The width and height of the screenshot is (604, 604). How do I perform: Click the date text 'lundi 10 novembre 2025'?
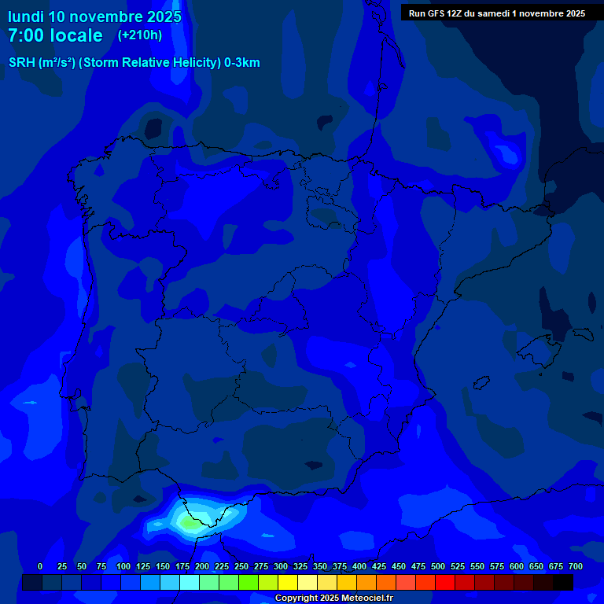pos(94,17)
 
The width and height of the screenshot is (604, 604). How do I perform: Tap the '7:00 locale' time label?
pos(55,36)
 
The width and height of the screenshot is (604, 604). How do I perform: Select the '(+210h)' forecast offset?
pos(139,35)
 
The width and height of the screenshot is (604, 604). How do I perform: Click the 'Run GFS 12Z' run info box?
pos(496,13)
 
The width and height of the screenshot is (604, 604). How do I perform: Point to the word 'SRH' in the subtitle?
pos(21,63)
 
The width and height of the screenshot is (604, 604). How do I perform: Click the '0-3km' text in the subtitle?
pos(241,63)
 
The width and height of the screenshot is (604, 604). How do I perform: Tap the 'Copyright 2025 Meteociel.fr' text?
pos(333,598)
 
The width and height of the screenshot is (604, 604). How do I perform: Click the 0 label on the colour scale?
pos(40,566)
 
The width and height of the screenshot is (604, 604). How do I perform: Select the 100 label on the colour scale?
pos(123,566)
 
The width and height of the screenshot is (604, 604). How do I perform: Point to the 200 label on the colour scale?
pos(202,566)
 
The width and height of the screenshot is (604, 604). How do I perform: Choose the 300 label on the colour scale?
pos(281,566)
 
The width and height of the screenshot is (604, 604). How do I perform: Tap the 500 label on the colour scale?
pos(438,566)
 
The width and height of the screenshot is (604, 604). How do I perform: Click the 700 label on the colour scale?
pos(575,566)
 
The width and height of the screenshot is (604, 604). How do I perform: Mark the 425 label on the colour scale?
pos(379,566)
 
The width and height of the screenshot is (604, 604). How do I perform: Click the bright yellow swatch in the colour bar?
pos(288,582)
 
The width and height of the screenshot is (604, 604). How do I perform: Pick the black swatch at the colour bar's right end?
pos(563,582)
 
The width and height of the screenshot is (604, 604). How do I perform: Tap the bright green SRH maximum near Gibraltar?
pos(189,521)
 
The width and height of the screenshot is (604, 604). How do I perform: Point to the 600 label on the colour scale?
pos(517,566)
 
